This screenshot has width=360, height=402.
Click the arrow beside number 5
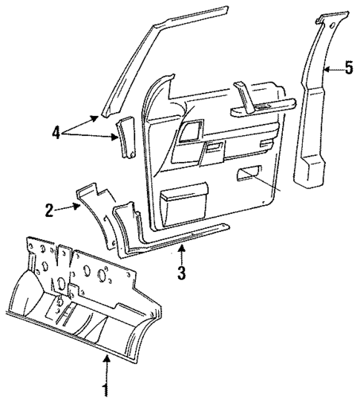point(332,69)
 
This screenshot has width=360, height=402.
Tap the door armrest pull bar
point(259,111)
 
